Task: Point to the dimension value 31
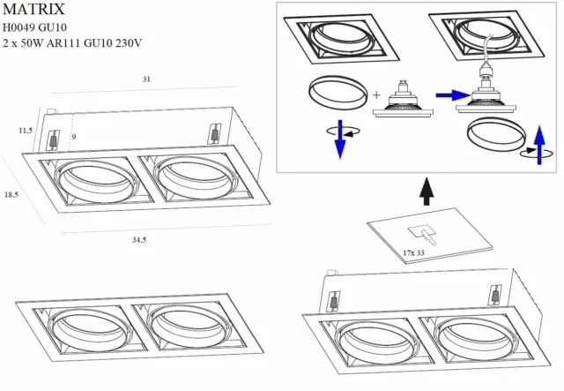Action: (x=145, y=79)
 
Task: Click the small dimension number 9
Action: (x=75, y=137)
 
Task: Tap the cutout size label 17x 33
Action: (x=414, y=253)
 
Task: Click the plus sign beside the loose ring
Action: (x=377, y=94)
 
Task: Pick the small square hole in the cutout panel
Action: (x=416, y=231)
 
